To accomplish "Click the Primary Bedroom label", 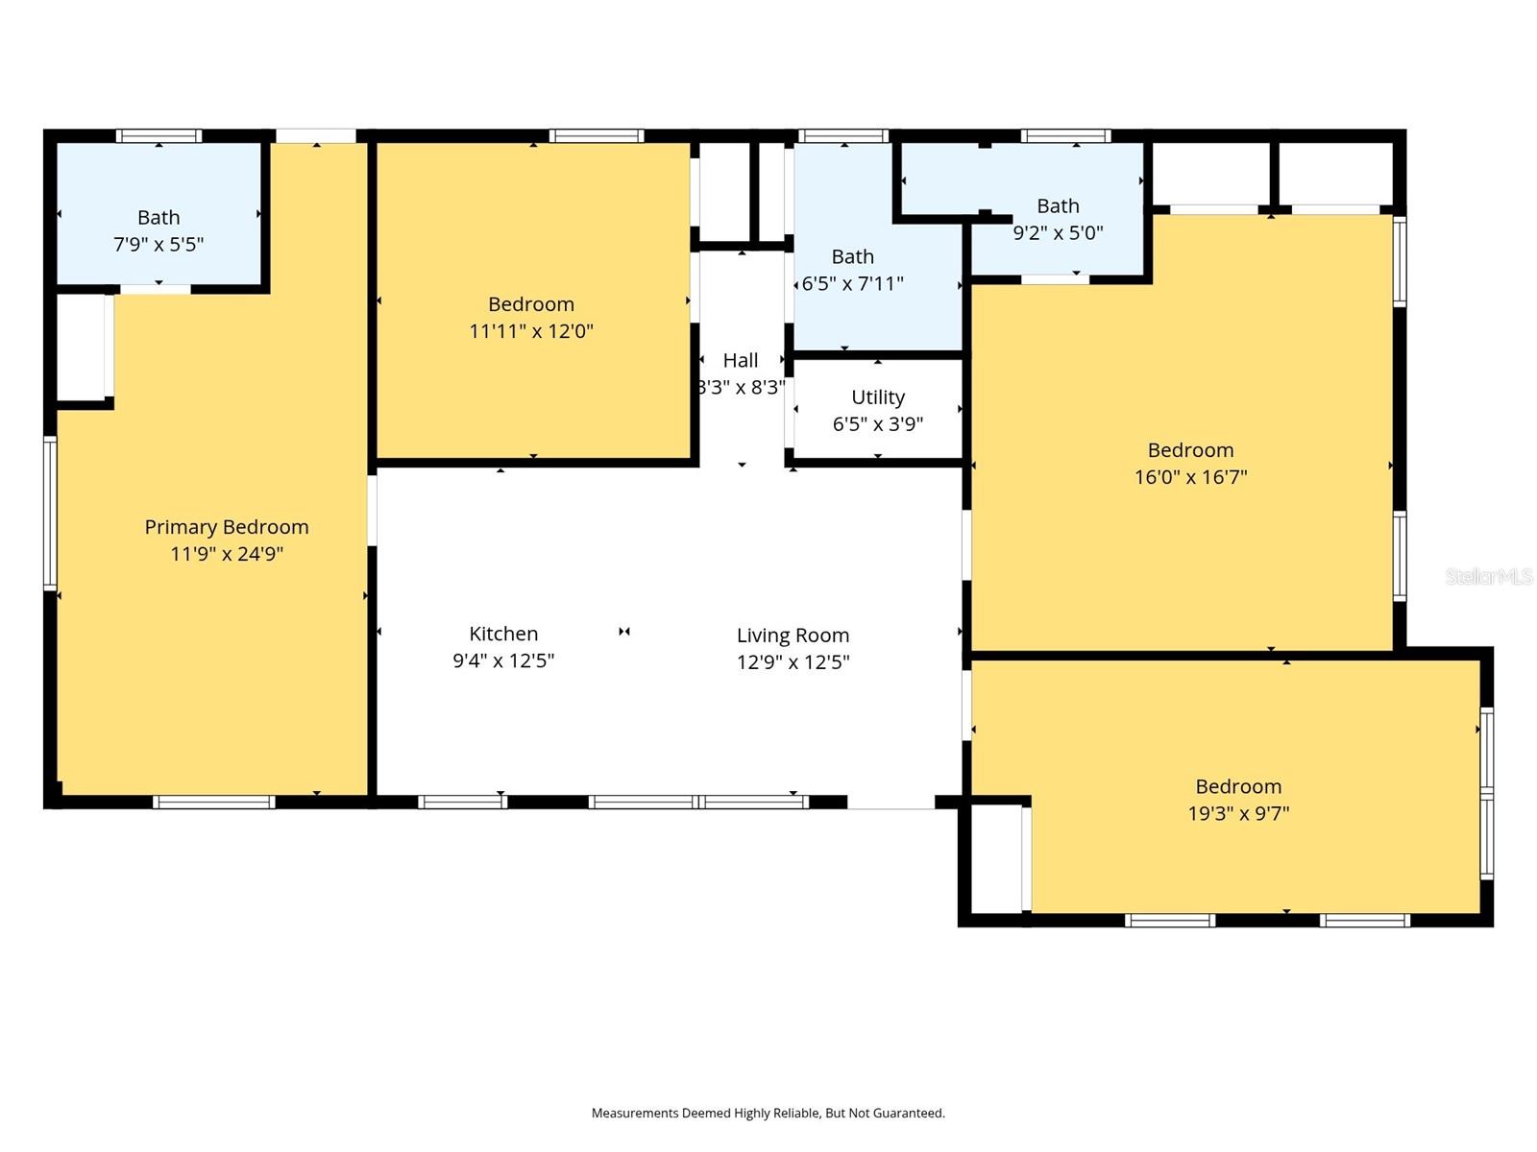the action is tap(226, 527).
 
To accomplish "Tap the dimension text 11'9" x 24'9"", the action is tap(226, 554).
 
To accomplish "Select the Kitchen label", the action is tap(503, 634).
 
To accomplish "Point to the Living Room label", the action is tap(793, 636).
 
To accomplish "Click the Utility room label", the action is tap(878, 397).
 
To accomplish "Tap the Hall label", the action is tap(740, 360).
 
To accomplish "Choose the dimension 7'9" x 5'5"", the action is tap(159, 244).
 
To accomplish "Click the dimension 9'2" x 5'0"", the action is tap(1058, 232).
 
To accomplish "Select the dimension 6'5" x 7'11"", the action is tap(853, 283).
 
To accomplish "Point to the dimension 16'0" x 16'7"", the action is tap(1190, 477).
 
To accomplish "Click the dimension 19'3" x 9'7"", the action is tap(1238, 813).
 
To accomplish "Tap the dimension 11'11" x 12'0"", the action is tap(531, 331).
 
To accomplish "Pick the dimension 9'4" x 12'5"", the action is tap(503, 660).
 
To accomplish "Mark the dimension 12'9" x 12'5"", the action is tap(793, 661).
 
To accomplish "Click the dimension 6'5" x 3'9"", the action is tap(878, 424).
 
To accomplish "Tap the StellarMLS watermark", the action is tap(1489, 576).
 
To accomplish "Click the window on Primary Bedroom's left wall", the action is tap(50, 513).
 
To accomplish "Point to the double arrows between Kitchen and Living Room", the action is tap(623, 632).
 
